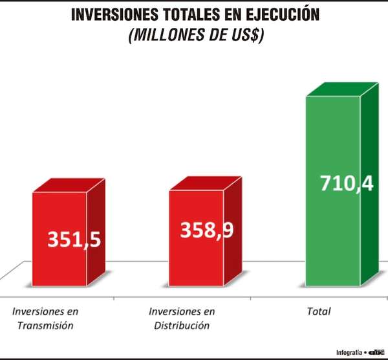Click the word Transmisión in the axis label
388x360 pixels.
coord(46,325)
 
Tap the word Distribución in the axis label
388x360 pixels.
coord(182,325)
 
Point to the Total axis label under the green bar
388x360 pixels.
coord(318,311)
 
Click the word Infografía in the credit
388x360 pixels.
coord(349,352)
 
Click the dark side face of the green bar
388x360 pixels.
coord(369,188)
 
